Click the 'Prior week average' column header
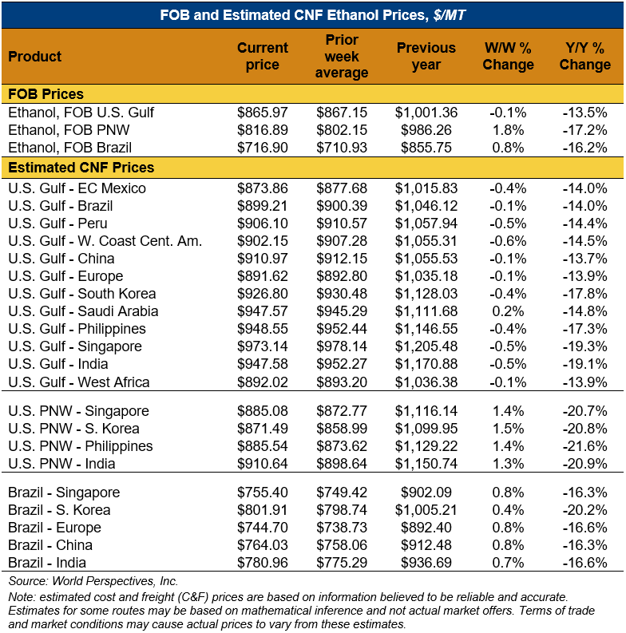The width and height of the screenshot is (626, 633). tap(342, 56)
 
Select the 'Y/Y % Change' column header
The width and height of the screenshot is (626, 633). tap(584, 56)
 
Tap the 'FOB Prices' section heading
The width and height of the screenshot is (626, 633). tap(46, 94)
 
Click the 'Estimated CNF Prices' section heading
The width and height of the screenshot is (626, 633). tap(81, 168)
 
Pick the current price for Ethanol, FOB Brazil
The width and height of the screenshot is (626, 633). tap(263, 148)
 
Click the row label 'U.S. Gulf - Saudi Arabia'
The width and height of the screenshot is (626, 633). tap(83, 311)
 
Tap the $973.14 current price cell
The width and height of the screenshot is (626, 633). tap(263, 346)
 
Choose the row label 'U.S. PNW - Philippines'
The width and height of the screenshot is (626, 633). tap(80, 446)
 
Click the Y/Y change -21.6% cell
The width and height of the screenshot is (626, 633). tap(584, 446)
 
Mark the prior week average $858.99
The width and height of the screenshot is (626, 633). tap(342, 429)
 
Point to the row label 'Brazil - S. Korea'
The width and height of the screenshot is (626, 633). tap(59, 510)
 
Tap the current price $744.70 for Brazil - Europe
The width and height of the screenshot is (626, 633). tap(263, 528)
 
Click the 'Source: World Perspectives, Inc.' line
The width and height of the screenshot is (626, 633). tap(93, 581)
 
